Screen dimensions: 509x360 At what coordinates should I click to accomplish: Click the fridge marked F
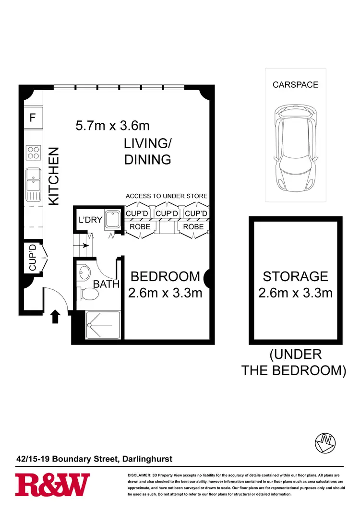(33, 117)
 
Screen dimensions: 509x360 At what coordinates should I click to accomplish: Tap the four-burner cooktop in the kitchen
(33, 153)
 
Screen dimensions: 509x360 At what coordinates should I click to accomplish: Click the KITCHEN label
(54, 176)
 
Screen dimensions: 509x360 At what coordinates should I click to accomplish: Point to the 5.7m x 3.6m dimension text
(113, 126)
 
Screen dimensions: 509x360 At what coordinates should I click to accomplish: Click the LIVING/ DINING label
(148, 152)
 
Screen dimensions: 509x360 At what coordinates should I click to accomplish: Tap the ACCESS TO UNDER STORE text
(167, 196)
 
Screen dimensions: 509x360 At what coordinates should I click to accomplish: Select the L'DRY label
(90, 220)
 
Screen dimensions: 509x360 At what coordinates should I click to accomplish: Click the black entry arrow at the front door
(55, 316)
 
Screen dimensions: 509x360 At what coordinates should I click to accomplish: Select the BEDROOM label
(165, 276)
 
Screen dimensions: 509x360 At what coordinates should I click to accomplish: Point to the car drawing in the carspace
(295, 147)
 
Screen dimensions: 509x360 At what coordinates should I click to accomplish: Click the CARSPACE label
(295, 85)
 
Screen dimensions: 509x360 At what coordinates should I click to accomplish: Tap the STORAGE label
(295, 276)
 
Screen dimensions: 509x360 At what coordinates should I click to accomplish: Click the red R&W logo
(52, 485)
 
